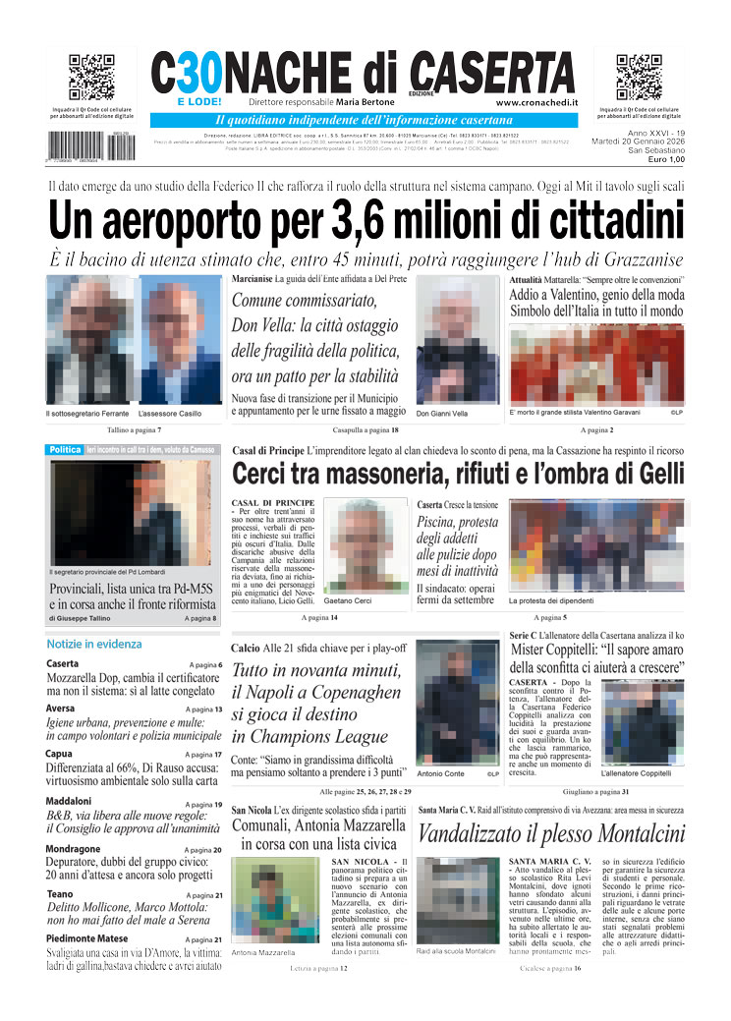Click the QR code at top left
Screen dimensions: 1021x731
click(x=91, y=78)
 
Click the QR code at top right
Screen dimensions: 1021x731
click(x=639, y=78)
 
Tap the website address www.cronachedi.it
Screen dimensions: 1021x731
click(x=536, y=102)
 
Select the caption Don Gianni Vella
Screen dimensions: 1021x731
click(x=442, y=414)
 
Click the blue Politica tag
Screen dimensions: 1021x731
click(x=65, y=450)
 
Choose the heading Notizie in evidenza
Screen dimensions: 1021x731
click(x=94, y=644)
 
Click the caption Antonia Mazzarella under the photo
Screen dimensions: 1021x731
click(x=263, y=952)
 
